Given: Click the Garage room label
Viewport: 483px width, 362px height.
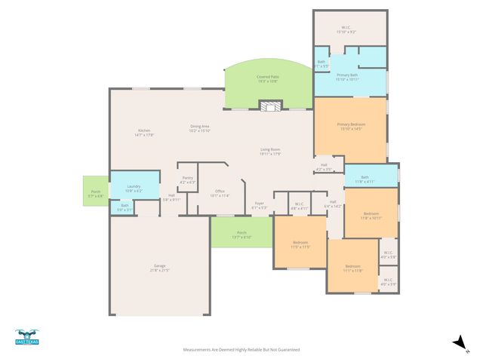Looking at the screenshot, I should [x=159, y=267].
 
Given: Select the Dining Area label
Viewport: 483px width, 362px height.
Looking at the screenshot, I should [x=199, y=128].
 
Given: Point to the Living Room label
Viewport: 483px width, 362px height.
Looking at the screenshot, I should [x=270, y=152].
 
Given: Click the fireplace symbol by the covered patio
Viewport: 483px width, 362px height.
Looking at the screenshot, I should [x=269, y=106].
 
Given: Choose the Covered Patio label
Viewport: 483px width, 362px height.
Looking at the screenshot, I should [x=268, y=78].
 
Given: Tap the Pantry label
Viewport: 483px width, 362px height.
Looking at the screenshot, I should [x=188, y=180].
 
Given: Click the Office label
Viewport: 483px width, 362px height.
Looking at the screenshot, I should [x=220, y=193].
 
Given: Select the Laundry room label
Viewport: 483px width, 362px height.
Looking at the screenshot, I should [x=134, y=188].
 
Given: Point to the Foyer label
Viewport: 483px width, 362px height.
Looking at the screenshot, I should [x=259, y=205].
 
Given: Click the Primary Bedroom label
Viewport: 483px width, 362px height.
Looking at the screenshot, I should [x=351, y=126].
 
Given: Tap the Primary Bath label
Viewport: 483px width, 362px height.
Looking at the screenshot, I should [x=348, y=77].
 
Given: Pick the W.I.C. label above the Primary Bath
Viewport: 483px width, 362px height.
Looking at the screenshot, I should [x=347, y=29].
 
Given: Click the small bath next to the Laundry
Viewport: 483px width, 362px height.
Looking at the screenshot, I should [x=125, y=207].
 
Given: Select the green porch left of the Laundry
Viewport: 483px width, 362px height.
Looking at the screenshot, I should [x=96, y=192].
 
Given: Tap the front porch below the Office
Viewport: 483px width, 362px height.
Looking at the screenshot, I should [x=241, y=234].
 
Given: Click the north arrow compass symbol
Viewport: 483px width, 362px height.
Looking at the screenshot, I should [x=457, y=343].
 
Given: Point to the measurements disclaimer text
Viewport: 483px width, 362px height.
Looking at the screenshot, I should [x=241, y=350].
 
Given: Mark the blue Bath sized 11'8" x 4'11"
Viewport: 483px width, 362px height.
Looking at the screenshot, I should [x=364, y=179].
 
